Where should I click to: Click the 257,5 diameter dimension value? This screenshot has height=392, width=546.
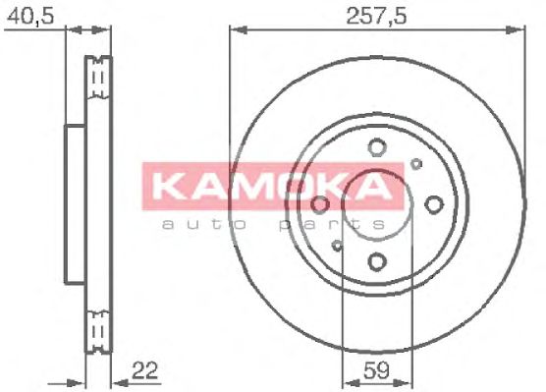pos(376,16)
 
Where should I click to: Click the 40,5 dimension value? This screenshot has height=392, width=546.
pos(30,16)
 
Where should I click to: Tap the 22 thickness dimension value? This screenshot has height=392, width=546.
pos(145,370)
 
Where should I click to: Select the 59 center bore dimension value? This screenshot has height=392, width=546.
pos(376,370)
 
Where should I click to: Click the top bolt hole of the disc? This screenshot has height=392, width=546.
pos(377,147)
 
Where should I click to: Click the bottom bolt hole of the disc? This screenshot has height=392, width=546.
pos(377,261)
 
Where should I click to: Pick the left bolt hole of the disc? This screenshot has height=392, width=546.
pos(320,204)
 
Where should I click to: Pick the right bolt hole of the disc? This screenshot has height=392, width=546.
pos(434,204)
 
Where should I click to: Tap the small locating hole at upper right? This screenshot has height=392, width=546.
pos(416,164)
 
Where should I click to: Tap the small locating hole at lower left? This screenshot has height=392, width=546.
pos(337,246)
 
